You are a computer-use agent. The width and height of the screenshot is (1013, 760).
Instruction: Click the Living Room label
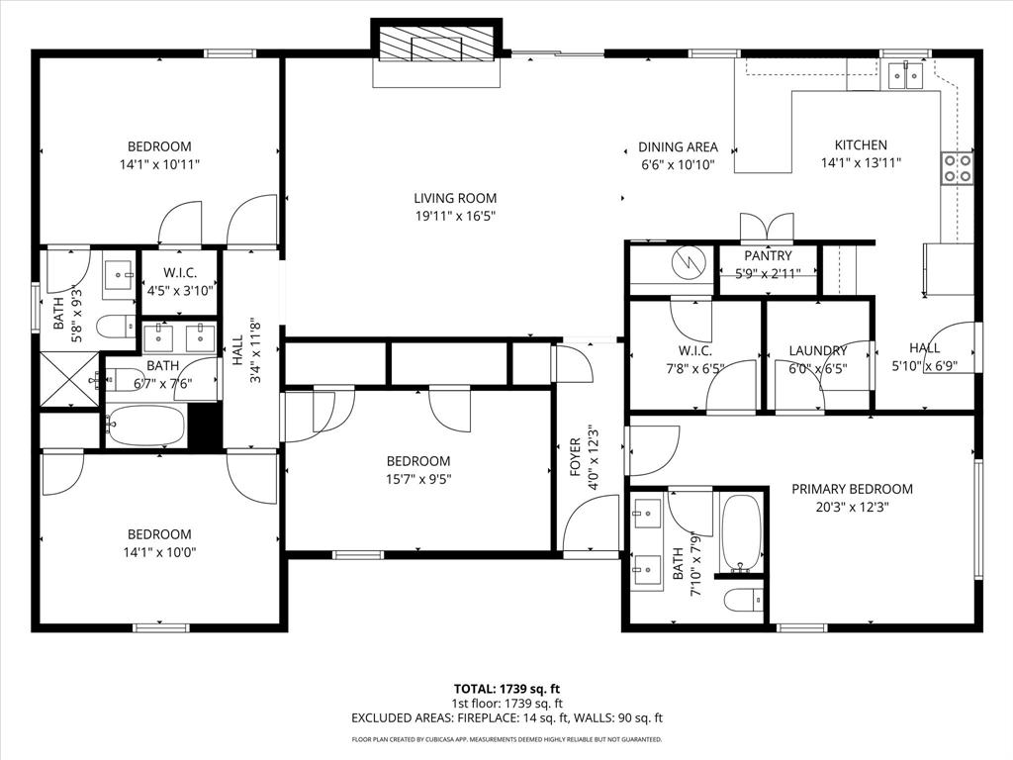[x=455, y=198]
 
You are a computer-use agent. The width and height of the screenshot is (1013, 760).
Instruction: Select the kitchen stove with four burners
[x=957, y=168]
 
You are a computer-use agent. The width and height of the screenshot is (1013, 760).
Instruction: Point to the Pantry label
[x=768, y=256]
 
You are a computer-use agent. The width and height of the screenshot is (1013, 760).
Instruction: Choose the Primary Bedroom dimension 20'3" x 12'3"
[x=852, y=508]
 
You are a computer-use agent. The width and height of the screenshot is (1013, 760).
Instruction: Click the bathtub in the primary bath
[x=741, y=532]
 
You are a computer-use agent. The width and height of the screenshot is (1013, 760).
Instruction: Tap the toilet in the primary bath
[x=743, y=599]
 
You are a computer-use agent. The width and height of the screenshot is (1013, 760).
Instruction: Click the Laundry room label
[x=818, y=350]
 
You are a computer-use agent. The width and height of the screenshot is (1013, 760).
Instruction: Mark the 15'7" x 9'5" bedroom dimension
[x=417, y=480]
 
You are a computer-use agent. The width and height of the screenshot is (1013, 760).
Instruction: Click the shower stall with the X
[x=69, y=379]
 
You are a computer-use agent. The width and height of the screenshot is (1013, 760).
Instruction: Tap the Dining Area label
[x=678, y=146]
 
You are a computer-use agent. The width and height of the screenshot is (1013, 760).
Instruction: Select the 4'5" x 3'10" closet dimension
[x=180, y=292]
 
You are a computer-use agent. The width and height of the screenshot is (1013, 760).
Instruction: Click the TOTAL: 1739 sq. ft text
[x=506, y=689]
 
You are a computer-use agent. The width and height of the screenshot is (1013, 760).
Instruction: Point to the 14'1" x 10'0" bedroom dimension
[x=158, y=553]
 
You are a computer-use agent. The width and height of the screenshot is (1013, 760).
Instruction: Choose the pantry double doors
[x=767, y=226]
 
